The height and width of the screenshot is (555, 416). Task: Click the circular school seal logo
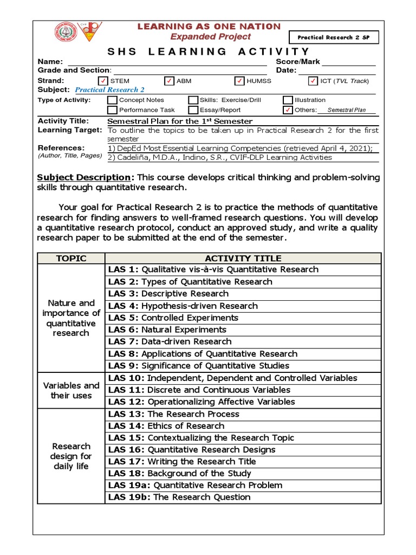(66, 33)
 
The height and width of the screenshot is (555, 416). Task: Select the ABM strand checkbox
(169, 81)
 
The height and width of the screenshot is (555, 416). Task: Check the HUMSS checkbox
(239, 81)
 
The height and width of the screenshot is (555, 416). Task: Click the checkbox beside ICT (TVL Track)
(313, 81)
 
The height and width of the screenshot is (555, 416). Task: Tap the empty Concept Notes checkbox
(112, 100)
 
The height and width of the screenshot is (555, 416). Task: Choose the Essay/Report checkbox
(193, 110)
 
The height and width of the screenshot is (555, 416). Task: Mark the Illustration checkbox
(288, 100)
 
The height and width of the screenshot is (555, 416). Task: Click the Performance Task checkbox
(112, 110)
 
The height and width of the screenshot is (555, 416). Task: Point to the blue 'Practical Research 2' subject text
(110, 90)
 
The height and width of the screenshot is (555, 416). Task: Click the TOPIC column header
(71, 258)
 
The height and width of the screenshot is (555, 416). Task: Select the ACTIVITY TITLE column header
(243, 258)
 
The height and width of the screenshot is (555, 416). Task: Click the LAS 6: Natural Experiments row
(243, 330)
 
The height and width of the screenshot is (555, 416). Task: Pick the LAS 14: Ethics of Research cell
(243, 426)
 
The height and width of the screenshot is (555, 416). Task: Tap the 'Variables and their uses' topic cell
(71, 390)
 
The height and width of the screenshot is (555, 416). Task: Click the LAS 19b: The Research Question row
(243, 498)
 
